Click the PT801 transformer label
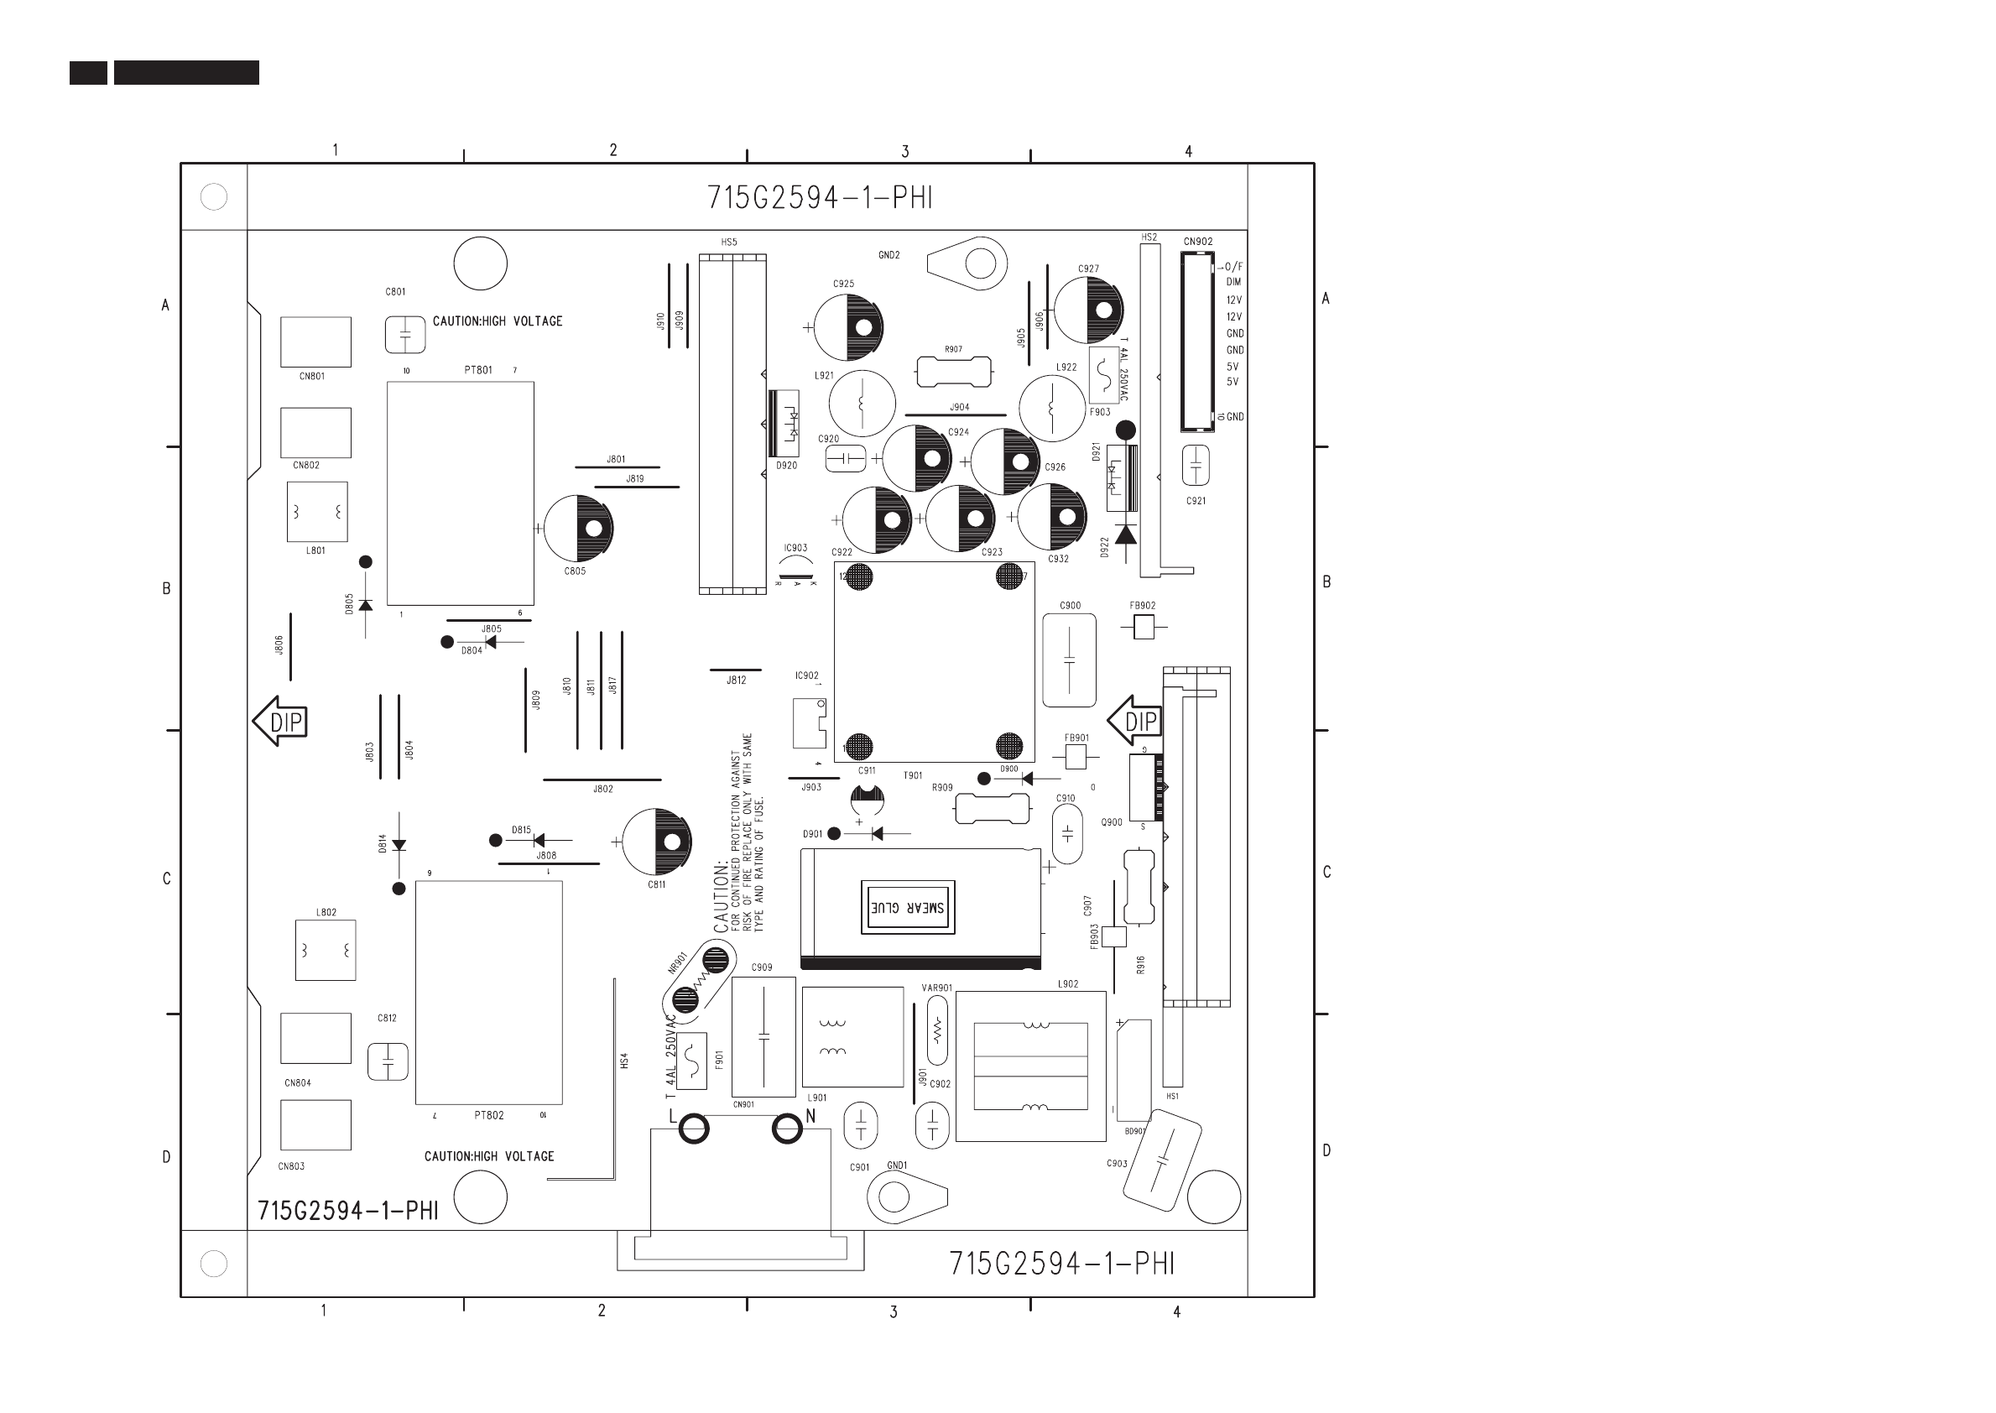click(477, 370)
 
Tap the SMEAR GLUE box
click(908, 908)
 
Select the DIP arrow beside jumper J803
click(280, 722)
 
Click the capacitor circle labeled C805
click(579, 528)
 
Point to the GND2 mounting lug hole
click(981, 263)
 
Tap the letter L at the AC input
click(673, 1115)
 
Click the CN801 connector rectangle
click(315, 342)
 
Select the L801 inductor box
click(316, 512)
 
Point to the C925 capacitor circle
click(848, 328)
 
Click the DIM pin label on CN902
click(1234, 282)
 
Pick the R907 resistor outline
click(954, 372)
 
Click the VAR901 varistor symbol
click(937, 1031)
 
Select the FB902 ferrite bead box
click(1144, 627)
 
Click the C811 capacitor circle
click(657, 842)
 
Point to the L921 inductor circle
click(863, 404)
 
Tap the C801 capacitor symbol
click(404, 335)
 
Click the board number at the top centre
click(820, 198)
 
